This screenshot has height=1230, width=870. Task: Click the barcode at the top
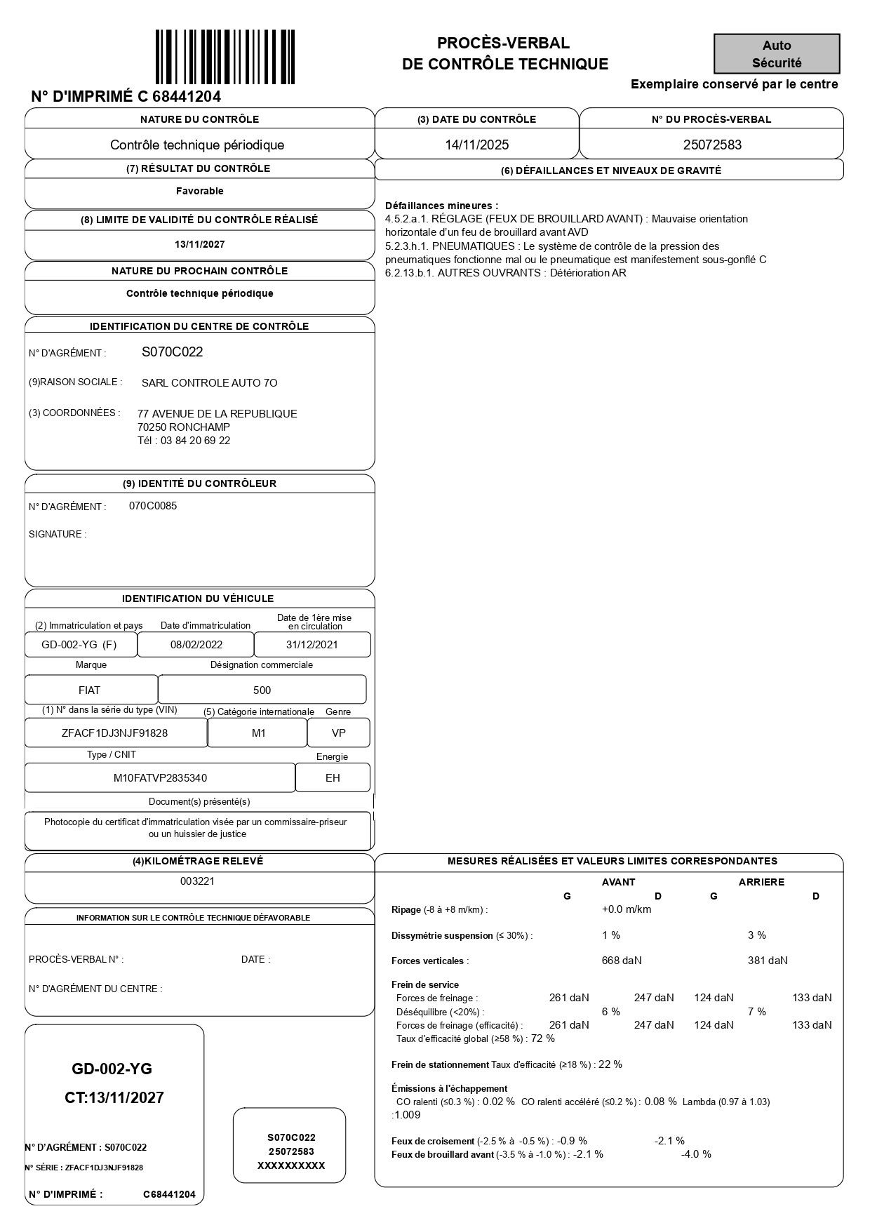[x=225, y=56]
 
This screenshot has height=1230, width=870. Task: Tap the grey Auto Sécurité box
[x=777, y=54]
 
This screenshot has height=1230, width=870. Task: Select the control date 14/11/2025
[x=477, y=145]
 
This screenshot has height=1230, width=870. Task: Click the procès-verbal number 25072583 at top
[x=712, y=145]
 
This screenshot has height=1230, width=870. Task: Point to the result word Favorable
[x=200, y=191]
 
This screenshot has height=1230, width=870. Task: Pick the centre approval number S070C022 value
[x=173, y=352]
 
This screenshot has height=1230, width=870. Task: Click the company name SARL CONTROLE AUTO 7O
[x=209, y=383]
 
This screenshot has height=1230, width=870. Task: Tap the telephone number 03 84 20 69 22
[x=195, y=441]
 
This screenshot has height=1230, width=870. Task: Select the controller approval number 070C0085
[x=153, y=506]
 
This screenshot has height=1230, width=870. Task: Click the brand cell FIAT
[x=90, y=690]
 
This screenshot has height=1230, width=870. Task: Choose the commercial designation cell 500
[x=262, y=690]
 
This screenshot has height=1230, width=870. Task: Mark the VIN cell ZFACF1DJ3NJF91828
[x=115, y=733]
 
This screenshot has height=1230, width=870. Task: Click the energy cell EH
[x=333, y=778]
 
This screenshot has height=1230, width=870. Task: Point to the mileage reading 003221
[x=198, y=881]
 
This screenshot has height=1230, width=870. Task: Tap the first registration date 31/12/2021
[x=312, y=645]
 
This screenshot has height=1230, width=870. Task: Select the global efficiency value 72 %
[x=543, y=1038]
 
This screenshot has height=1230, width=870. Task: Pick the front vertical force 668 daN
[x=622, y=961]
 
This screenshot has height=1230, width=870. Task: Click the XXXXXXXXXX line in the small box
[x=291, y=1165]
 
